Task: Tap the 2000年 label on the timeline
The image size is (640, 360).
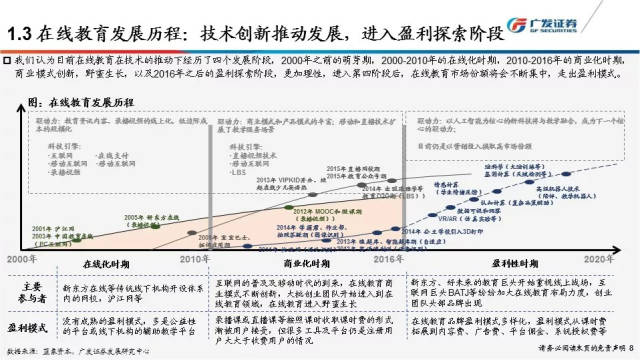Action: pyautogui.click(x=23, y=258)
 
